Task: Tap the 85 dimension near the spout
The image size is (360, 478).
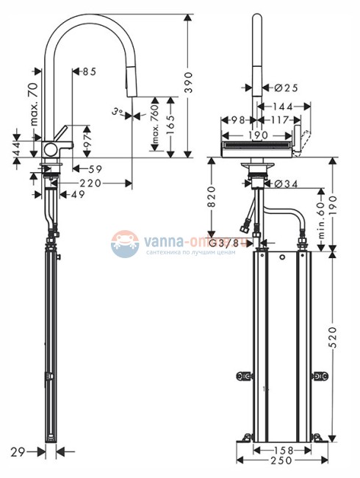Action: tap(89, 71)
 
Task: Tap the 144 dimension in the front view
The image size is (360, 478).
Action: tap(284, 107)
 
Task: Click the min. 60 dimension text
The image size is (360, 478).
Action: tap(320, 217)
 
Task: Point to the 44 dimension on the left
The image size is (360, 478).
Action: tap(15, 146)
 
